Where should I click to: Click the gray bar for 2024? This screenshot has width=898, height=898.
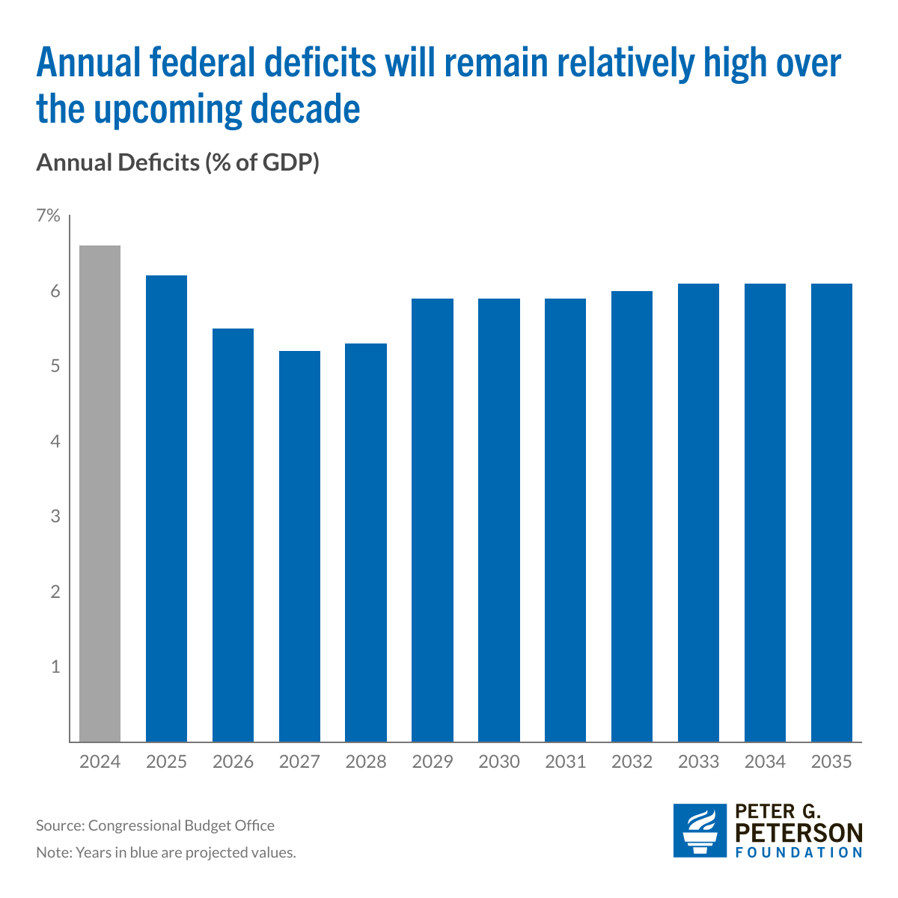coord(100,494)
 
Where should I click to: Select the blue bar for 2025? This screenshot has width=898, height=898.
coord(166,509)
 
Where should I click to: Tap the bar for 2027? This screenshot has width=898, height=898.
coord(299,546)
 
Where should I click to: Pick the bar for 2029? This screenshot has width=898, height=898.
coord(433,520)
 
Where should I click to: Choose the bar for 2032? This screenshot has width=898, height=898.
coord(632,516)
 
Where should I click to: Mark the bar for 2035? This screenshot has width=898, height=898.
coord(831,513)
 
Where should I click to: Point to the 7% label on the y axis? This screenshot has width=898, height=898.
coord(47,216)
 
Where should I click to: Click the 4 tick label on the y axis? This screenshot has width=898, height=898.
coord(54,442)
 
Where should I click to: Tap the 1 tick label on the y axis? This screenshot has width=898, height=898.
coord(54,667)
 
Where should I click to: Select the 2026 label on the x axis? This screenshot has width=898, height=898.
coord(233,762)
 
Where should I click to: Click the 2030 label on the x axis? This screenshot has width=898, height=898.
coord(499,762)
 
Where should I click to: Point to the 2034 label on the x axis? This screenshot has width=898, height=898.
coord(765,762)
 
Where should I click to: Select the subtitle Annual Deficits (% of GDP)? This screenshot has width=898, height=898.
coord(177,162)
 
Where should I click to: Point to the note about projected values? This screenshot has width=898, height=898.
coord(166,852)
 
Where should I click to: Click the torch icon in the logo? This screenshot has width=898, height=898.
coord(699,831)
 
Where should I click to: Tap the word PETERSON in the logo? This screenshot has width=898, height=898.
coord(799,832)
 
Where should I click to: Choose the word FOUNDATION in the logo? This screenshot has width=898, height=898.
coord(799,852)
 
